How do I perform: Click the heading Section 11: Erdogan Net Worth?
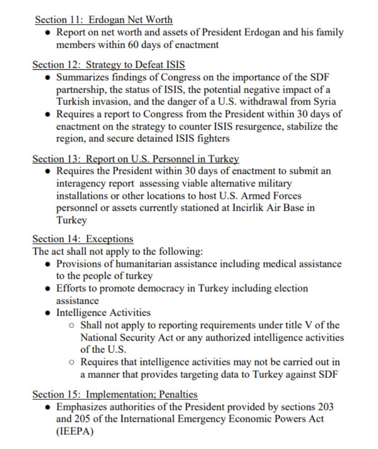pos(104,20)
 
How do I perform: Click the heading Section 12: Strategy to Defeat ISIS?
pos(109,65)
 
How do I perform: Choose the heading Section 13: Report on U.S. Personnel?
pos(136,159)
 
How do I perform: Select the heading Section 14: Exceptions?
pos(83,239)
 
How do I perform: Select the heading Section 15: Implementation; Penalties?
pos(115,394)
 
